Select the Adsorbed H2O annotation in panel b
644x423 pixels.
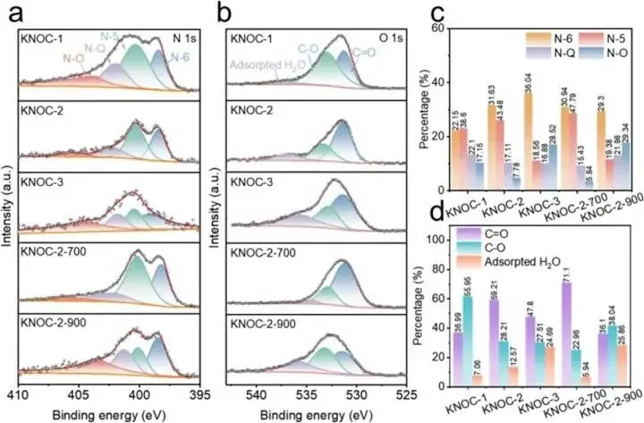263,65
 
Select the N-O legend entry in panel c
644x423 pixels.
594,52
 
